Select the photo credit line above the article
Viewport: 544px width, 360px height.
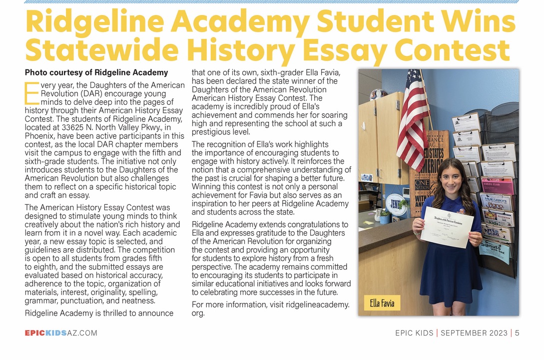[96, 72]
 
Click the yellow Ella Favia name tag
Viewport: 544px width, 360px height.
[382, 303]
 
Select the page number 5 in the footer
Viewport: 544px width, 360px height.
[518, 333]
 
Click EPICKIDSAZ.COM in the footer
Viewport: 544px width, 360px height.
[61, 333]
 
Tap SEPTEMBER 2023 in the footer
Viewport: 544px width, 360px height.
[474, 333]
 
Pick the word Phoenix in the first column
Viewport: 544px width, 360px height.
[40, 136]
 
